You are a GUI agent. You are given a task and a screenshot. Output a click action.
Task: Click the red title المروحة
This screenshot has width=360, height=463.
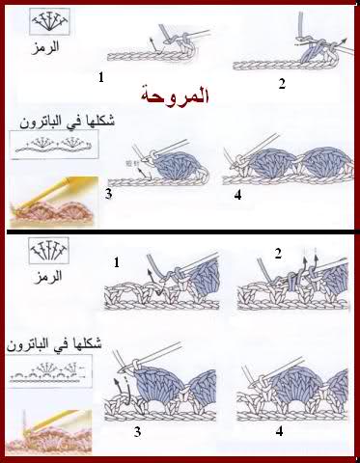175,95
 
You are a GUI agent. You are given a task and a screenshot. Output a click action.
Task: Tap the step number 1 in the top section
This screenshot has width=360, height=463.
101,77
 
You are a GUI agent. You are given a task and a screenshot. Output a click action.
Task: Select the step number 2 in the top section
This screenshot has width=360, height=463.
282,84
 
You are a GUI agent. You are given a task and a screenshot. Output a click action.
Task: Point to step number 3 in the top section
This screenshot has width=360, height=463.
109,194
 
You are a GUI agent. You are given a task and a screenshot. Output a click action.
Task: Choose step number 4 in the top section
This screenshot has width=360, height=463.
237,195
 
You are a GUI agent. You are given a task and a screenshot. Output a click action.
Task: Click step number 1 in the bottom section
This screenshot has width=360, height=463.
117,262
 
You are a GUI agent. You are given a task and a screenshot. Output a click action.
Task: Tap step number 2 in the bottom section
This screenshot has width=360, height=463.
278,254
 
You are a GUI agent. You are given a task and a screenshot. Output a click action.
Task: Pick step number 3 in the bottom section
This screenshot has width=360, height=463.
137,432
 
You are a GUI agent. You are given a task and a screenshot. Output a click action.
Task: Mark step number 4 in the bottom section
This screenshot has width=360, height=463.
279,431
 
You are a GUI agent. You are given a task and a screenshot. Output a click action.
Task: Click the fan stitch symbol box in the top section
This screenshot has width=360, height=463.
49,21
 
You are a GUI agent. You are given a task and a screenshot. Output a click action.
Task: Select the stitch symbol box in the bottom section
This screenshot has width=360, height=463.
49,251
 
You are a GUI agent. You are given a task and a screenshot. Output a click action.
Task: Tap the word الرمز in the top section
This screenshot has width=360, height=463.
45,47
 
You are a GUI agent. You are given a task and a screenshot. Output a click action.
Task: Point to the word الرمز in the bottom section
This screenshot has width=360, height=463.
48,277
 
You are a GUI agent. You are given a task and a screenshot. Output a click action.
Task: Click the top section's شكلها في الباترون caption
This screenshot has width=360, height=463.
67,122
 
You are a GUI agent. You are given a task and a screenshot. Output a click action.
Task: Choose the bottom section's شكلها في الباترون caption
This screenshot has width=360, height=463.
54,344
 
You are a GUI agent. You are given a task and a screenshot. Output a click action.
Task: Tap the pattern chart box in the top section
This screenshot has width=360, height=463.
54,145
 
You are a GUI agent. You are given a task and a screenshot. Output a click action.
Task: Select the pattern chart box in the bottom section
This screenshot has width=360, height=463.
49,371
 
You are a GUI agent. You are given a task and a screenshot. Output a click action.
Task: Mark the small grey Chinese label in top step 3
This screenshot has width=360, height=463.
130,164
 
